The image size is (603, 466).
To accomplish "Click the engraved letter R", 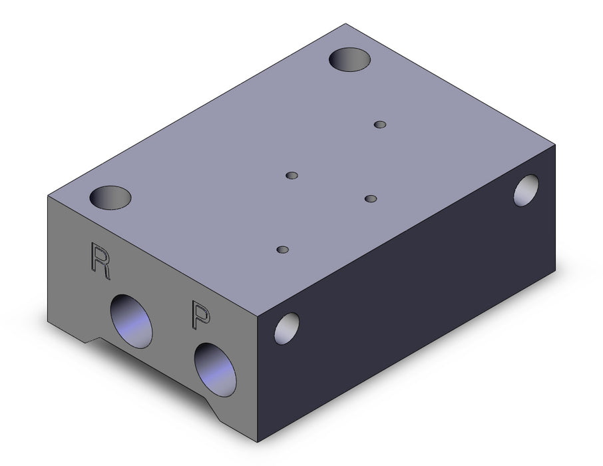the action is [x=100, y=261].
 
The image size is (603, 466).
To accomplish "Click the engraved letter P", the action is [x=201, y=316].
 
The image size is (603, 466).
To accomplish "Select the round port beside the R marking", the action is [x=131, y=322].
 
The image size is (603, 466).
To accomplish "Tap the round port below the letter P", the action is [x=215, y=369].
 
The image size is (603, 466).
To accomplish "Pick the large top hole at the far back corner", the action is [x=349, y=60].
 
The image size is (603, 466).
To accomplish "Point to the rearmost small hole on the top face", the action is [x=380, y=124].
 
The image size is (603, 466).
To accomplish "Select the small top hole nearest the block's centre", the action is [x=292, y=176].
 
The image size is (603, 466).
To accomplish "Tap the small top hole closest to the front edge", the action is [x=283, y=250].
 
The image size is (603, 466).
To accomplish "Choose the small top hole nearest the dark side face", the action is [x=371, y=198].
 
